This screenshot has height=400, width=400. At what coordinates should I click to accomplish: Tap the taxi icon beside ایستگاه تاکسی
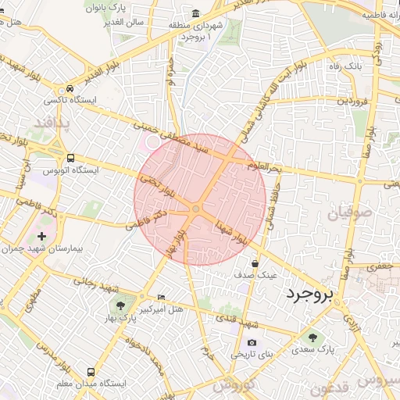click(70, 89)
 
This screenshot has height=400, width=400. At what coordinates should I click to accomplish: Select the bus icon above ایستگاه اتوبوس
click(71, 158)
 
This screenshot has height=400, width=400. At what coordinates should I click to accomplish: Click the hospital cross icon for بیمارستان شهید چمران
click(41, 235)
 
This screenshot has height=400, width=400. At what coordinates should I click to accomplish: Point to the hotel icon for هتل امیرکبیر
click(162, 298)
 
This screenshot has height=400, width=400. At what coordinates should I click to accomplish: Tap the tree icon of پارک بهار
click(120, 305)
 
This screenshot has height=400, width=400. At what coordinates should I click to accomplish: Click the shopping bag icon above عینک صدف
click(255, 264)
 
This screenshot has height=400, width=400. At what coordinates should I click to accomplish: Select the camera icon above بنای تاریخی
click(252, 342)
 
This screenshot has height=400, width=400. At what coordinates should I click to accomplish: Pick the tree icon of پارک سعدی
click(312, 337)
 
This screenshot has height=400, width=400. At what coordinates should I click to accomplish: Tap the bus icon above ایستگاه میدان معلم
click(91, 372)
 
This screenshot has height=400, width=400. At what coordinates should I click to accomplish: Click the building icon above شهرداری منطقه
click(195, 14)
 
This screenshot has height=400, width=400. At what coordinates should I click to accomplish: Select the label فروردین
click(348, 102)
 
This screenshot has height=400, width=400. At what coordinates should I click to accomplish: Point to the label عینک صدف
click(256, 276)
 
